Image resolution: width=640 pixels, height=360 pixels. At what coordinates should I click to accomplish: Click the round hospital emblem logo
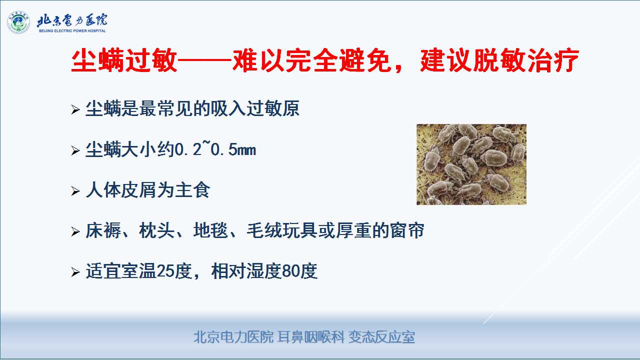pos(18,22)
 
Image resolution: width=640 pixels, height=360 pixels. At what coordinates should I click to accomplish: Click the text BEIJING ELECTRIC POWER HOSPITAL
pos(72,31)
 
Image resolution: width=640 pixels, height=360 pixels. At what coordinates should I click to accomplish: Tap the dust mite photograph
pos(471,164)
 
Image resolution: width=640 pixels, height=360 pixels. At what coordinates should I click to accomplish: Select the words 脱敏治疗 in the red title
pos(526,60)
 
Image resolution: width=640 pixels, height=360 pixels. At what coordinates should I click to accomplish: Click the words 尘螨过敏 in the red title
pos(124,60)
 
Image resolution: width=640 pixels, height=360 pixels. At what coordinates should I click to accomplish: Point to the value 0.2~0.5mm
pos(215,149)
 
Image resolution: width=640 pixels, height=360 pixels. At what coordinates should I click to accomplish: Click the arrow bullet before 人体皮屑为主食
pos(75,191)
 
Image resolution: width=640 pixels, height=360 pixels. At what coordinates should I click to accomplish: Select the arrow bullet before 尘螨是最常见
pos(75,109)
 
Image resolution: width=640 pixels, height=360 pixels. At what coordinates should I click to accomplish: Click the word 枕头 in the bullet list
pos(156,230)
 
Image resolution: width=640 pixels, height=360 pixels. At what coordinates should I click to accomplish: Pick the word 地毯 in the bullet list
pos(210,230)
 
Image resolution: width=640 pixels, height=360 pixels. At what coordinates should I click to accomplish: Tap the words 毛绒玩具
pos(282,230)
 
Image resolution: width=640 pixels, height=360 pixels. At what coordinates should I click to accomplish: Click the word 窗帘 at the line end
pos(407,230)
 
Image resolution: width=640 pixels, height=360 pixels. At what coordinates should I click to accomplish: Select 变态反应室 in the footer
pos(381,337)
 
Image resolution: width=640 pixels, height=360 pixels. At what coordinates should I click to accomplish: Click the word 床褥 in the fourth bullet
pos(103,230)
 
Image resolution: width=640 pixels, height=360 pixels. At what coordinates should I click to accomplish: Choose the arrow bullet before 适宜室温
pos(75,272)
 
